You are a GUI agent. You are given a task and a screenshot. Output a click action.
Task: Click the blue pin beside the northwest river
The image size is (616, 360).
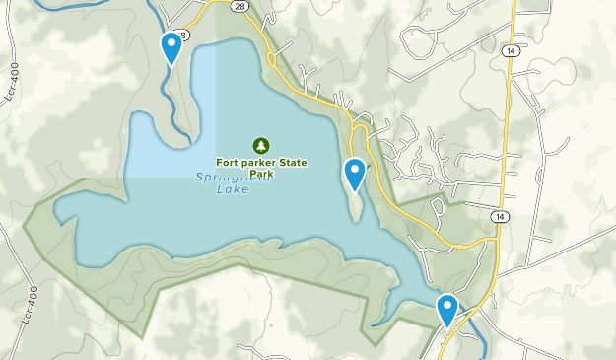point(171,45)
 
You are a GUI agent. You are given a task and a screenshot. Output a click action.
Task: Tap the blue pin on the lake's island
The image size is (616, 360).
point(354,173)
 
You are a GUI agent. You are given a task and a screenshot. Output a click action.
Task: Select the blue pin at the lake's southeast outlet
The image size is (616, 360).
point(447,309)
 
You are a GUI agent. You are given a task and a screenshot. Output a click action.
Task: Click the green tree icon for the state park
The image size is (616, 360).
point(261,145)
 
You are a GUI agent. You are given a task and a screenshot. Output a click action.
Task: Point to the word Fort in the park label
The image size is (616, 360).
point(228,163)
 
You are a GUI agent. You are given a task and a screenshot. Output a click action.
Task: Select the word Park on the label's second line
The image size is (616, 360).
point(261,174)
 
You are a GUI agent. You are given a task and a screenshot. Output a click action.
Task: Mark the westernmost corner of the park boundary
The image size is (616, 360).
point(24,213)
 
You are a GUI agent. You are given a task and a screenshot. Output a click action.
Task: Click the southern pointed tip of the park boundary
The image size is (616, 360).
point(373,344)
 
